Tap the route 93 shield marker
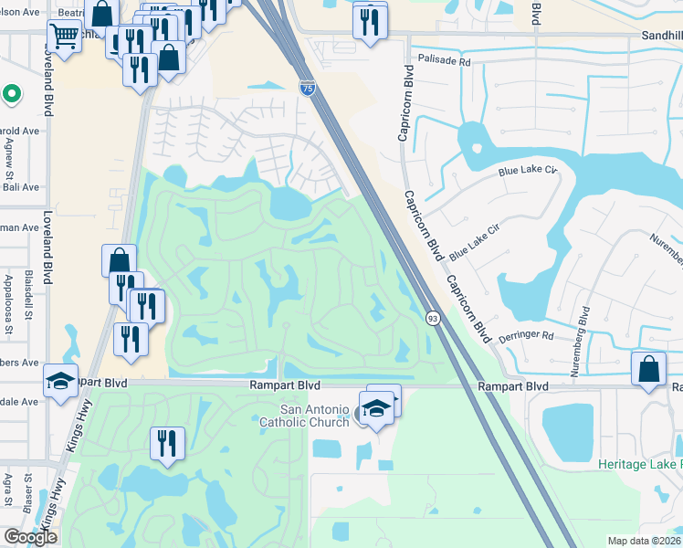433,317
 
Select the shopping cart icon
64,37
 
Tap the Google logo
30,537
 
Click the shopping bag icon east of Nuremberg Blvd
647,370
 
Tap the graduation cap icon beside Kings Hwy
61,381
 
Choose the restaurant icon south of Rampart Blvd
167,444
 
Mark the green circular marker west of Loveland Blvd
12,93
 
